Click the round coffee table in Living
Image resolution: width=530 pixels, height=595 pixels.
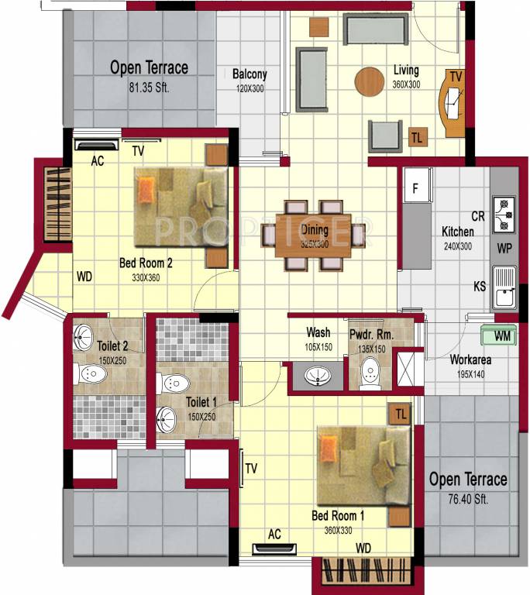coord(369,81)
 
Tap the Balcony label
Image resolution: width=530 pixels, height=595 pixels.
coord(250,74)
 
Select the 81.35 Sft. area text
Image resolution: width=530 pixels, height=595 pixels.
coord(149,88)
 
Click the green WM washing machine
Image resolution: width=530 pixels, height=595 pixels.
coord(497,335)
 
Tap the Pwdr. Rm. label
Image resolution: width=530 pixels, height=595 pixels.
coord(372,335)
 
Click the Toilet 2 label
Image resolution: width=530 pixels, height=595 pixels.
coord(112,346)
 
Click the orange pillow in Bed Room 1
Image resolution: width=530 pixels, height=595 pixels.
coord(329,448)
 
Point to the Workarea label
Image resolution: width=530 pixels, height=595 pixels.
coord(471,360)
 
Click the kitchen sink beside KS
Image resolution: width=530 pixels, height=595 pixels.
coord(504,287)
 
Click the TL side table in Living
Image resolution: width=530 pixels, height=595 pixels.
coord(417,138)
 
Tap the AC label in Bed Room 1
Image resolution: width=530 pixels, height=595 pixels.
coord(274,534)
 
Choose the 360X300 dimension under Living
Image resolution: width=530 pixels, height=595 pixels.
coord(406,84)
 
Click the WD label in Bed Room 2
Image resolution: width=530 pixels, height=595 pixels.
coord(84,276)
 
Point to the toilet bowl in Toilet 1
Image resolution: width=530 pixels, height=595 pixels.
coord(174,383)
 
